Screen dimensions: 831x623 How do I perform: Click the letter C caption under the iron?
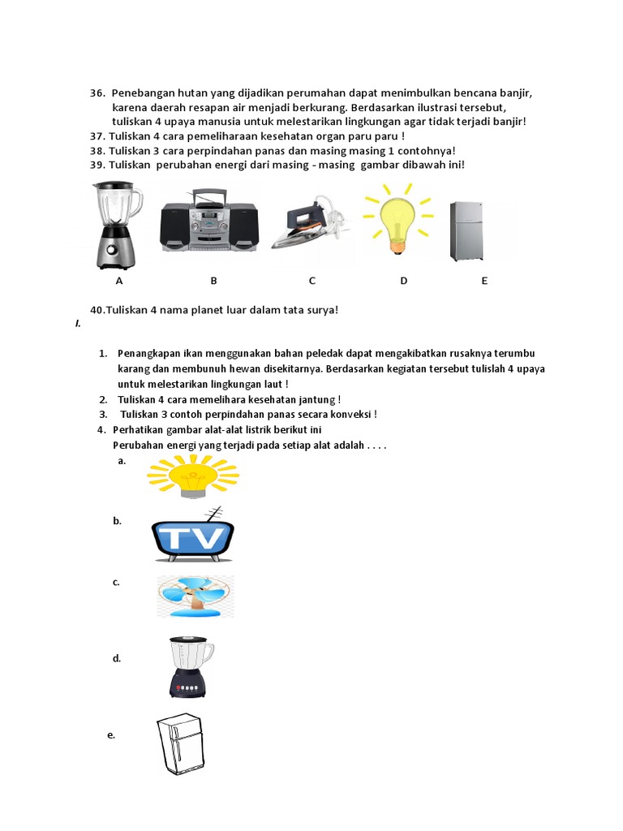pyautogui.click(x=311, y=281)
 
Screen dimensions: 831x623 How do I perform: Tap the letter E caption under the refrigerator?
pyautogui.click(x=484, y=281)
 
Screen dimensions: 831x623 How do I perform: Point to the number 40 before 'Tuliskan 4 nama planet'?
pyautogui.click(x=98, y=310)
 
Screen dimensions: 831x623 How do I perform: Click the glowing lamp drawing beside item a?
pyautogui.click(x=192, y=476)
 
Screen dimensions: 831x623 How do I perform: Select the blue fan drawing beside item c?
pyautogui.click(x=195, y=596)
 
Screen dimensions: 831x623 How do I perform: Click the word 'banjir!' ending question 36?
pyautogui.click(x=509, y=122)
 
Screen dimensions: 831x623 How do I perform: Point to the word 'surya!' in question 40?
pyautogui.click(x=320, y=310)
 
